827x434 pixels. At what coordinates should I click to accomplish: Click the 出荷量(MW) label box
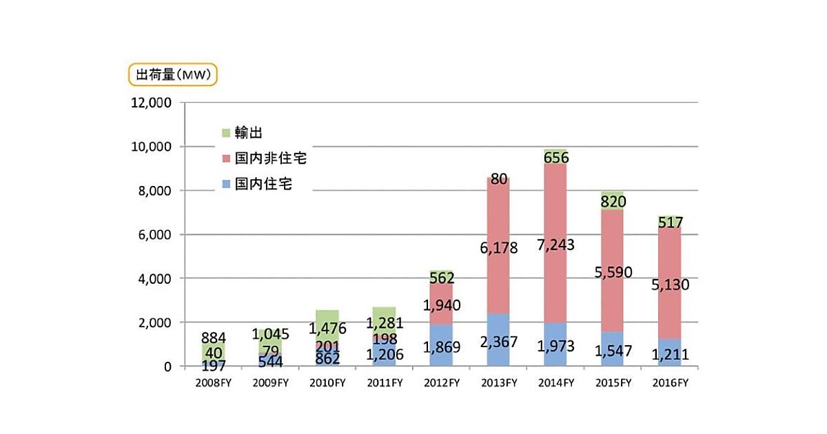[x=173, y=74]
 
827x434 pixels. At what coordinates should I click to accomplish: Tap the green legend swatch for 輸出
[x=225, y=132]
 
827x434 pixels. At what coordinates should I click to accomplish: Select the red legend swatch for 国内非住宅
[x=225, y=158]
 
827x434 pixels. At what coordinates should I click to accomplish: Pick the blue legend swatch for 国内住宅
[x=225, y=185]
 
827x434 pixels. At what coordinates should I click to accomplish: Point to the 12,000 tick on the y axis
[x=151, y=103]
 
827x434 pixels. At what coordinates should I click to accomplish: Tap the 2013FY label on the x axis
[x=498, y=383]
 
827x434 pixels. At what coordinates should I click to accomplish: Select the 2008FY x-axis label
[x=213, y=383]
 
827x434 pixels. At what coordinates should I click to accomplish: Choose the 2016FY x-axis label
[x=668, y=383]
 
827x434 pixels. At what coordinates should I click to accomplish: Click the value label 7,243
[x=555, y=245]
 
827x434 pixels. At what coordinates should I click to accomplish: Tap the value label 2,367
[x=498, y=344]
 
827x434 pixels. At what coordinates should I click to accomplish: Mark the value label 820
[x=611, y=201]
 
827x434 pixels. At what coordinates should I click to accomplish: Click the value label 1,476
[x=327, y=328]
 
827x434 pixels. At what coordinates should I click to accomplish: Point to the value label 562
[x=441, y=278]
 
